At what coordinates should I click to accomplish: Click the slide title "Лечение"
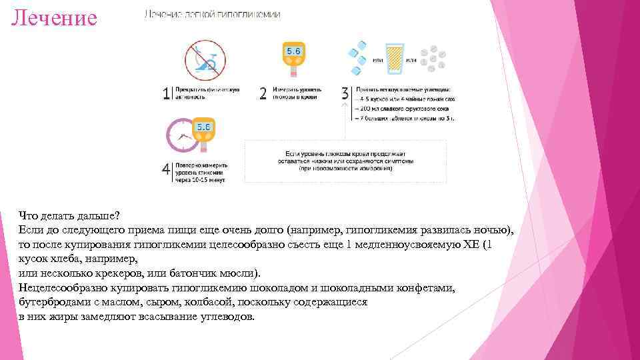coord(54,17)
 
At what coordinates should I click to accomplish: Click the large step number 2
coord(263,94)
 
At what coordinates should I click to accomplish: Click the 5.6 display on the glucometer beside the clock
coord(203,127)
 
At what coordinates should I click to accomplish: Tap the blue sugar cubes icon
coord(357,56)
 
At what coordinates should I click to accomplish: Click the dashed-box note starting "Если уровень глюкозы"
coord(345,161)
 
